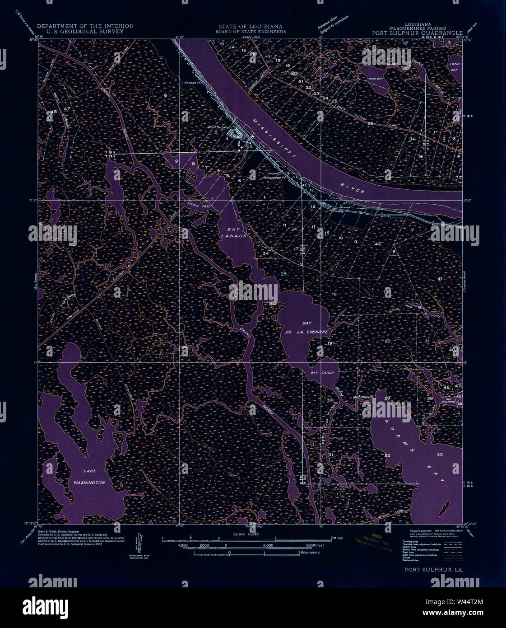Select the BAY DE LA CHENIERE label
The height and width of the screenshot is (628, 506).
point(308,328)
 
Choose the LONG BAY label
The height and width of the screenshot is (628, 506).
point(454,67)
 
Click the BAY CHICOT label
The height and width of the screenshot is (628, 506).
point(323,373)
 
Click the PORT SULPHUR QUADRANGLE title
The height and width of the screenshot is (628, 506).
point(417,33)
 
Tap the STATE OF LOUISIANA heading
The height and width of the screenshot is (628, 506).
point(251,27)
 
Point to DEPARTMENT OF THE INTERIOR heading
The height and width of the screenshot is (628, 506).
point(85,26)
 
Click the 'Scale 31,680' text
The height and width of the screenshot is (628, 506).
point(246,534)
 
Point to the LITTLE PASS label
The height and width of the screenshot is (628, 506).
point(199,206)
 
